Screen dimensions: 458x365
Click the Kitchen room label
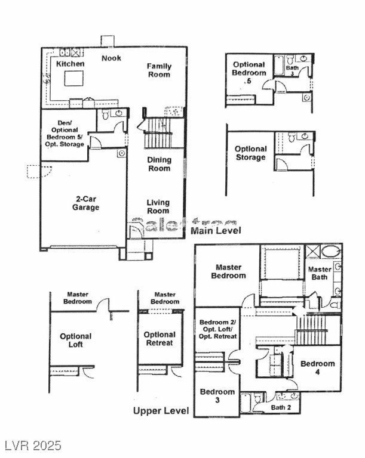point(70,64)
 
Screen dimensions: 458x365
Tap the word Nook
point(111,58)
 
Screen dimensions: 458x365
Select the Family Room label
point(159,70)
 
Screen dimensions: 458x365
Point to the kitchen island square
point(74,79)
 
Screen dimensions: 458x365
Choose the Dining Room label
point(159,164)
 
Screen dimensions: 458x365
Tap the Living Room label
point(158,206)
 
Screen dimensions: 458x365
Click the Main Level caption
point(216,230)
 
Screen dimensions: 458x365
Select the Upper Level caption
point(161,411)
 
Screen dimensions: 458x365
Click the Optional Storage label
point(250,153)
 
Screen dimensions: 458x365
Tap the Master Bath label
point(320,274)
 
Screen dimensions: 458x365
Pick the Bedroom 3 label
point(217,396)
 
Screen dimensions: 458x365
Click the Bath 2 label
point(280,408)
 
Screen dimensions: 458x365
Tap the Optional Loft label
point(76,341)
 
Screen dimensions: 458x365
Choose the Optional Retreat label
point(160,339)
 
